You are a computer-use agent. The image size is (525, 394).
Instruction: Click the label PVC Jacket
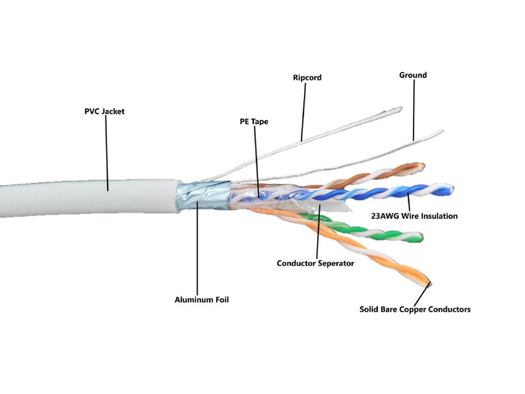point(104,111)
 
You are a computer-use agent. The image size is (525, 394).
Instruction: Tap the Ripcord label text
point(307,78)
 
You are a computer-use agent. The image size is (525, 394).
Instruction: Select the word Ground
point(413,75)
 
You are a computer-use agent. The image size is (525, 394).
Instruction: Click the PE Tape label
point(254,121)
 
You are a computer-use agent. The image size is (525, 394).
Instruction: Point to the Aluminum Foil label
point(201,300)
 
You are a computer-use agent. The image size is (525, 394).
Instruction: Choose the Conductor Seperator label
point(315,263)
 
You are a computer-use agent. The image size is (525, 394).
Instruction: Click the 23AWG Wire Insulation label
point(414,216)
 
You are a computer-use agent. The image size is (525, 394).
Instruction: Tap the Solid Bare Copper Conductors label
point(415,309)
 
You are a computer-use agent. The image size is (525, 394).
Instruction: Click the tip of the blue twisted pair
point(451,190)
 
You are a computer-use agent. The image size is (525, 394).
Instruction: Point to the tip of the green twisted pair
point(420,237)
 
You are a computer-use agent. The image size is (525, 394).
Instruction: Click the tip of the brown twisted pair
point(422,167)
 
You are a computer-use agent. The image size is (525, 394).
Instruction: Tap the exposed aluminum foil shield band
point(203,196)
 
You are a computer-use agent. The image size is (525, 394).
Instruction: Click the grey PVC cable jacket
point(82,199)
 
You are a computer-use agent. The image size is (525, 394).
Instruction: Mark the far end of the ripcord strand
point(399,109)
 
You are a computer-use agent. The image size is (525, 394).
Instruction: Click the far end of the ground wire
point(441,132)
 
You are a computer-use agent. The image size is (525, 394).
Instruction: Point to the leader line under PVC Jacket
point(107,152)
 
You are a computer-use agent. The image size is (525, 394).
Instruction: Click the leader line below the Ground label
point(413,109)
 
